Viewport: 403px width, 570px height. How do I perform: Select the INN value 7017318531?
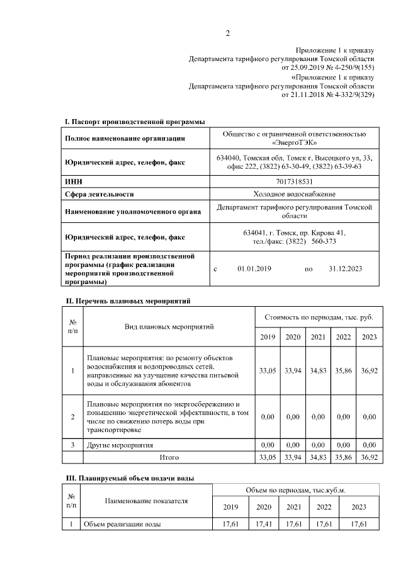293,181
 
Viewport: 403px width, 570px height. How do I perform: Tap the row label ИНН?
74,181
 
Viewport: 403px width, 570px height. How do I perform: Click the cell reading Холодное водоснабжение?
293,194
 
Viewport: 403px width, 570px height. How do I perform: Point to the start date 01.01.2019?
254,269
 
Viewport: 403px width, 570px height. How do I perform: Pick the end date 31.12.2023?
345,269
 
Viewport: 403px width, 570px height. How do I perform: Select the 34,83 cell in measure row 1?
318,371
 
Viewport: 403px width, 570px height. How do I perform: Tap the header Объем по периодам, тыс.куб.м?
296,490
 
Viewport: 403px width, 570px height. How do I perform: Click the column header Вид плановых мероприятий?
169,327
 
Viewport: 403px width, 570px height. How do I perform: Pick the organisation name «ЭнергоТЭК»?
293,144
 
